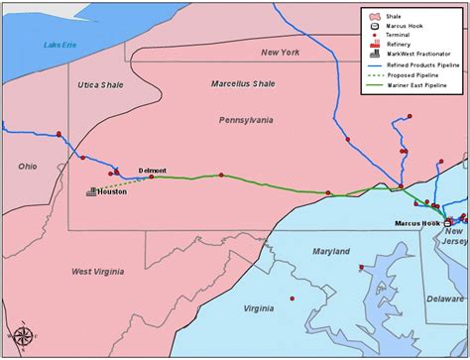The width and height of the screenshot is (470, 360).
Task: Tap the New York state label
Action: (x=280, y=52)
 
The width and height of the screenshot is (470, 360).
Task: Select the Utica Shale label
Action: (x=100, y=86)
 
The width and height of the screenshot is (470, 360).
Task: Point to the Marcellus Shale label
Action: (x=243, y=84)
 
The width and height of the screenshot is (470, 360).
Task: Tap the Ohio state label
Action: (x=27, y=166)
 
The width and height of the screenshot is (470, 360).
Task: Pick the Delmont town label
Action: (x=153, y=171)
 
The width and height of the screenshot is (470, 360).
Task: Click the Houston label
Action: (x=112, y=191)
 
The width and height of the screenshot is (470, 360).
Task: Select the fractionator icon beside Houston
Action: (x=91, y=190)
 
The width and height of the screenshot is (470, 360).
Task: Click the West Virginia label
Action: (x=97, y=271)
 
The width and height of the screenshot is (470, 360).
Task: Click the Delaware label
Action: (x=444, y=297)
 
